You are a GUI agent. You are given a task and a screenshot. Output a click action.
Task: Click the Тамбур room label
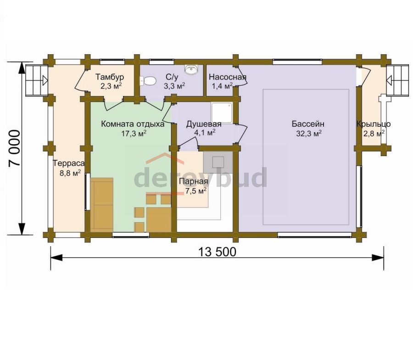coord(110,77)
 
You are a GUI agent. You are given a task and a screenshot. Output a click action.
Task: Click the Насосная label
coord(228,77)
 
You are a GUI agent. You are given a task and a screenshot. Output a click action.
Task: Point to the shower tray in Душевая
coord(222,113)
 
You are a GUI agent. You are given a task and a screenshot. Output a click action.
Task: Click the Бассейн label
coord(308,124)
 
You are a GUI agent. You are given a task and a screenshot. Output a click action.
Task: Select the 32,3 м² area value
coord(309,133)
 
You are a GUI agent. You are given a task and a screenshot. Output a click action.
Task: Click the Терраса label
coord(69,163)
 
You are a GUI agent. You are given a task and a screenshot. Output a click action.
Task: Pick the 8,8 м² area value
coord(70,173)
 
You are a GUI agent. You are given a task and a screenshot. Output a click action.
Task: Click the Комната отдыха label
coord(133,124)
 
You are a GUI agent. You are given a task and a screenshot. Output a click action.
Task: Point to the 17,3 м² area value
coord(134,133)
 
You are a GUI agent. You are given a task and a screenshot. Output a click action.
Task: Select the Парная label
coord(194,181)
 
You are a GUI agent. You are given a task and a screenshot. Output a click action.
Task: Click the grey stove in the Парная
coord(218,162)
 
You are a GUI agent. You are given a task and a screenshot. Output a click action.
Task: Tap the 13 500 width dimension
coord(217,252)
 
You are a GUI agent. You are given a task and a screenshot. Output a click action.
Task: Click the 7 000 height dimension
coord(14,148)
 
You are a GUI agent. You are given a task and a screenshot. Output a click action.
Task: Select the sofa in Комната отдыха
coord(102,205)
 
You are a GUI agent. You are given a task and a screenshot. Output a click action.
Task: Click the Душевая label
coord(204,124)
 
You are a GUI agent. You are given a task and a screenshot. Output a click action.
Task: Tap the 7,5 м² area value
coord(195,191)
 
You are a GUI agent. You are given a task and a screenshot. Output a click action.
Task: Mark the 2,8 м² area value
coord(374,133)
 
